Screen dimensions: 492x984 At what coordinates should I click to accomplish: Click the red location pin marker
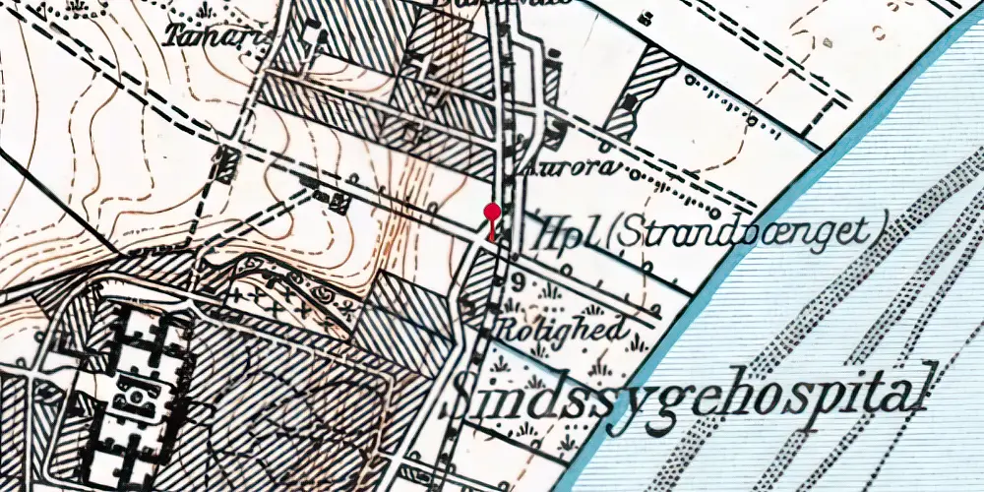click(492, 212)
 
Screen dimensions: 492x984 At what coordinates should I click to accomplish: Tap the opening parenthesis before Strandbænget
click(611, 234)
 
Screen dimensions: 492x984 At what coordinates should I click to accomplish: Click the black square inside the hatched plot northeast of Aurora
click(631, 101)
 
